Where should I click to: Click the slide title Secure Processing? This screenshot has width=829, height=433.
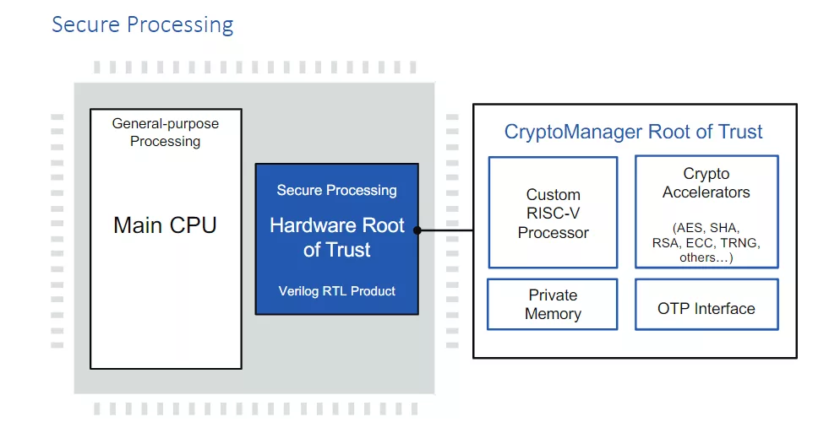tap(143, 24)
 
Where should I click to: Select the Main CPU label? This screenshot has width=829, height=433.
tap(165, 225)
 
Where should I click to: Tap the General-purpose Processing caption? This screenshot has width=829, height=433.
tap(166, 133)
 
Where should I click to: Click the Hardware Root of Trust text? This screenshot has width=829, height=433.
tap(337, 237)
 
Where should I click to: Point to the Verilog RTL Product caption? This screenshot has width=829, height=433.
tap(337, 291)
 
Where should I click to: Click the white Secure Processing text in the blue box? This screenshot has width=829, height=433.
tap(337, 190)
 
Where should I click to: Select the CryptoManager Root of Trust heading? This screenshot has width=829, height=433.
tap(633, 132)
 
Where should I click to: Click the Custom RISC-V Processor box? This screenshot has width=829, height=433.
tap(553, 212)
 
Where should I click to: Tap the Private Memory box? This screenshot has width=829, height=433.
tap(553, 305)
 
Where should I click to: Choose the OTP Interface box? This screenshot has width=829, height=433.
tap(706, 305)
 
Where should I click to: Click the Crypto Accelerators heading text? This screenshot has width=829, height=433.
tap(706, 182)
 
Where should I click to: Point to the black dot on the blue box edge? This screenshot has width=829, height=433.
tap(417, 230)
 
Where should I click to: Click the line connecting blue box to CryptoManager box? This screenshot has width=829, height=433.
tap(445, 230)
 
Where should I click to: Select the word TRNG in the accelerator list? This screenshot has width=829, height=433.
tap(739, 243)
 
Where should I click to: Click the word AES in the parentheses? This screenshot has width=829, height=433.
tap(690, 228)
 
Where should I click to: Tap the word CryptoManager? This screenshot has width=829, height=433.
tap(574, 132)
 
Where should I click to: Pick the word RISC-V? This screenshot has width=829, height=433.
tap(553, 214)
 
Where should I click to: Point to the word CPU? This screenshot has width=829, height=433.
tap(193, 225)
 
